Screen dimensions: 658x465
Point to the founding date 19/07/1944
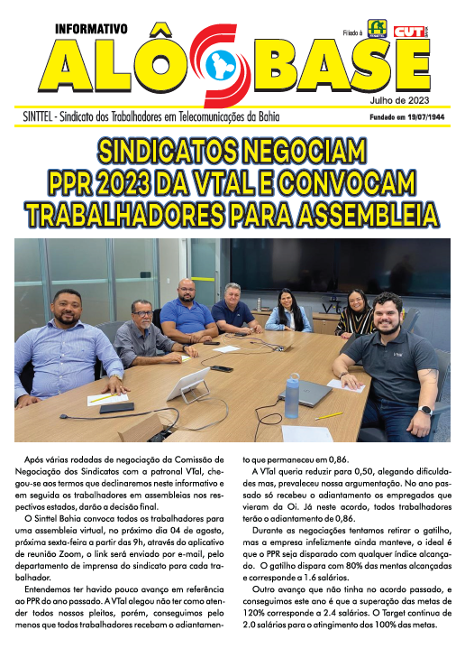click(422, 116)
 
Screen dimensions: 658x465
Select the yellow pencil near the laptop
click(330, 416)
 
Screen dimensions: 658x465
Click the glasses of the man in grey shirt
click(141, 310)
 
